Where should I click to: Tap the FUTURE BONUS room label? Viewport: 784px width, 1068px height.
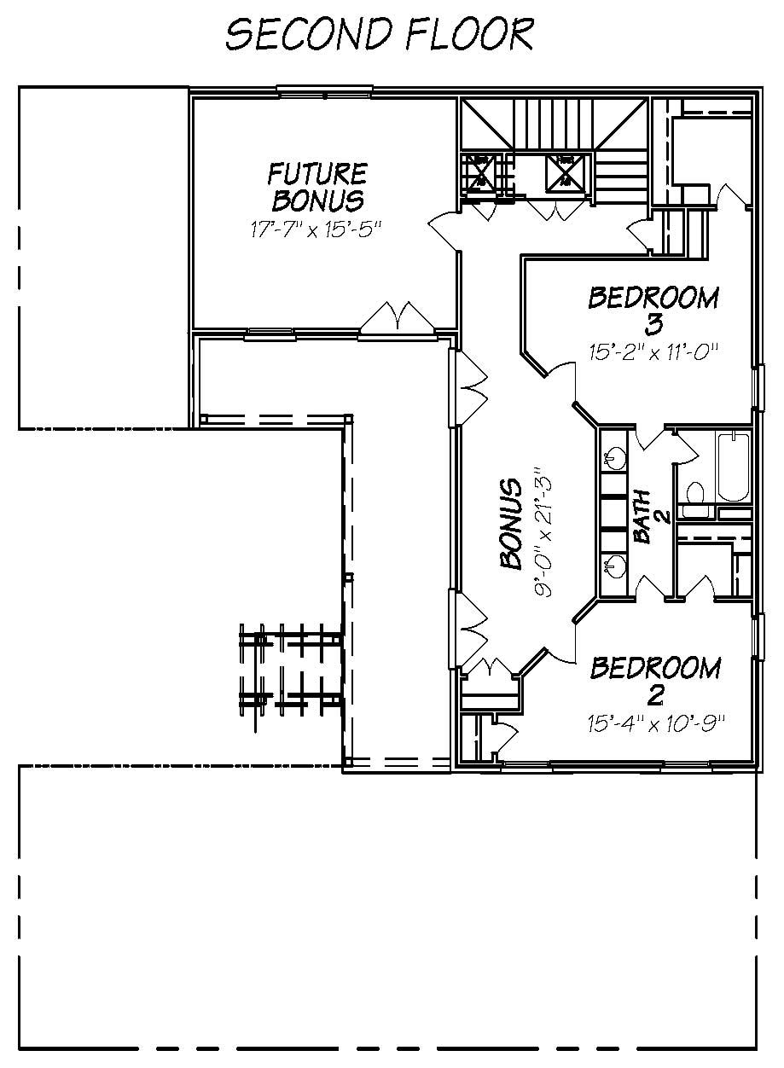[x=317, y=187]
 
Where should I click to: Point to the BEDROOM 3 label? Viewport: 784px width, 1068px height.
[x=653, y=310]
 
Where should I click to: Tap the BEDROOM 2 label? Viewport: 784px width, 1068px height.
[x=655, y=680]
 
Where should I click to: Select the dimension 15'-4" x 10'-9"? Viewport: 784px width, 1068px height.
[x=655, y=723]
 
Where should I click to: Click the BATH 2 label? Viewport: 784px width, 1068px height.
[x=646, y=516]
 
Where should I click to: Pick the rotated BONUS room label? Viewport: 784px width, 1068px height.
[x=510, y=525]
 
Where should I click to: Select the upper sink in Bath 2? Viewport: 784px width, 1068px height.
[x=614, y=459]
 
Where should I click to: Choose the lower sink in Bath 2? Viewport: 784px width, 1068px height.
[x=614, y=565]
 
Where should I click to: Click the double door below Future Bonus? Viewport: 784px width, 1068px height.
[x=396, y=318]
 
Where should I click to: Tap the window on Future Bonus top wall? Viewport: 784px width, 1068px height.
[x=324, y=89]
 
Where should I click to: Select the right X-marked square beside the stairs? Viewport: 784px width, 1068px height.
[x=566, y=170]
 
